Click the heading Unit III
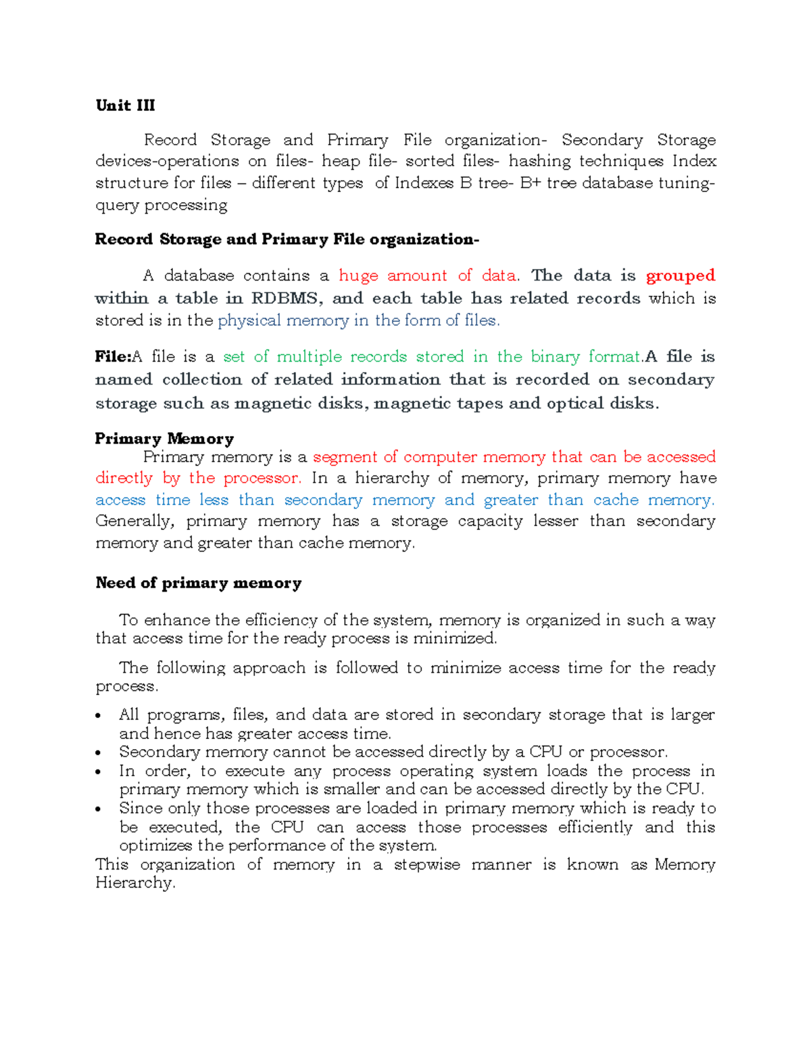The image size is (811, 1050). (x=125, y=105)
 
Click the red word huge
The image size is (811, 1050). (x=358, y=276)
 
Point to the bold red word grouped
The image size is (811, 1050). (x=680, y=276)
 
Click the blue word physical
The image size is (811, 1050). (x=249, y=320)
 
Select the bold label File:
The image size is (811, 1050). (x=113, y=357)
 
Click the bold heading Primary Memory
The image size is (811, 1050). (x=164, y=439)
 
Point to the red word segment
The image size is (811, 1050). (x=345, y=457)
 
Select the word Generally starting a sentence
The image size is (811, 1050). (x=135, y=521)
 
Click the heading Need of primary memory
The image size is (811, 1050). (x=198, y=583)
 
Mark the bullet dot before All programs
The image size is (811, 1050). (x=99, y=716)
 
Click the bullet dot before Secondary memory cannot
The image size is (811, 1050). (x=99, y=753)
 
